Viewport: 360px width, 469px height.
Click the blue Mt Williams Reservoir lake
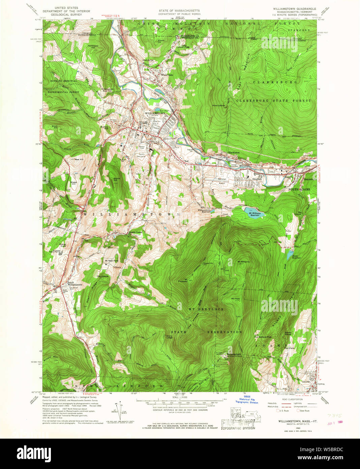[253, 213]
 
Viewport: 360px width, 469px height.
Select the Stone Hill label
[117, 179]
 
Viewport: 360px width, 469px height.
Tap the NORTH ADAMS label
[299, 190]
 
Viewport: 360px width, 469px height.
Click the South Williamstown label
[74, 283]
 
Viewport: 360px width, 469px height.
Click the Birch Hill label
[55, 127]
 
